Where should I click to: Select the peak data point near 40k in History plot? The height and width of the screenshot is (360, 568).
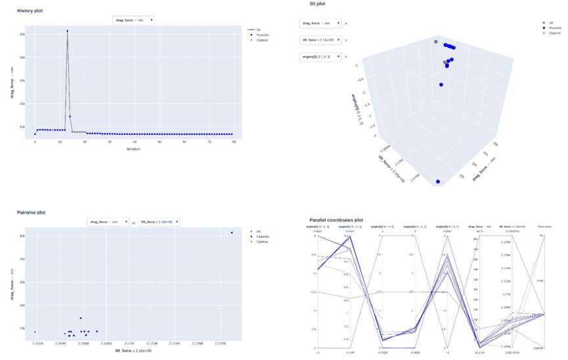[x=67, y=31]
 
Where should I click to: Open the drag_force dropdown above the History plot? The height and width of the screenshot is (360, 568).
[x=134, y=20]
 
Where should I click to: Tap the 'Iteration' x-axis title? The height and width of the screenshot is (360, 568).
[x=134, y=148]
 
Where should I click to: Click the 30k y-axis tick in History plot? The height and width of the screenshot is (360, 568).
[x=22, y=81]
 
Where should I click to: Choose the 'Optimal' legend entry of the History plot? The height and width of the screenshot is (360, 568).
[x=261, y=40]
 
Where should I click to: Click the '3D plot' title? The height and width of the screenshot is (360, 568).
[x=317, y=4]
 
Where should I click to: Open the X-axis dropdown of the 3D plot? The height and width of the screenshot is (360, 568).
[x=320, y=24]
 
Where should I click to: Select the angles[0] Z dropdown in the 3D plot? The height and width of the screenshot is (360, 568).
[x=320, y=56]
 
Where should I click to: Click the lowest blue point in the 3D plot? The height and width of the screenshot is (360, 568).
[x=438, y=181]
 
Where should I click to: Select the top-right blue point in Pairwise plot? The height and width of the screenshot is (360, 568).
[x=232, y=233]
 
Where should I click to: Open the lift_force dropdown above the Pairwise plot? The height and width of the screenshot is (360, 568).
[x=158, y=222]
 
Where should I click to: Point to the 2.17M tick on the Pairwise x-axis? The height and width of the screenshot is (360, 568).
[x=129, y=343]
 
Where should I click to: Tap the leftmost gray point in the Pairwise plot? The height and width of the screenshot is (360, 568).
[x=35, y=332]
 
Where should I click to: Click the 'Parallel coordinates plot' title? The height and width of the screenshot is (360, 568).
[x=345, y=219]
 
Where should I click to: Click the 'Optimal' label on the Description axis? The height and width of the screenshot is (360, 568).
[x=538, y=348]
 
